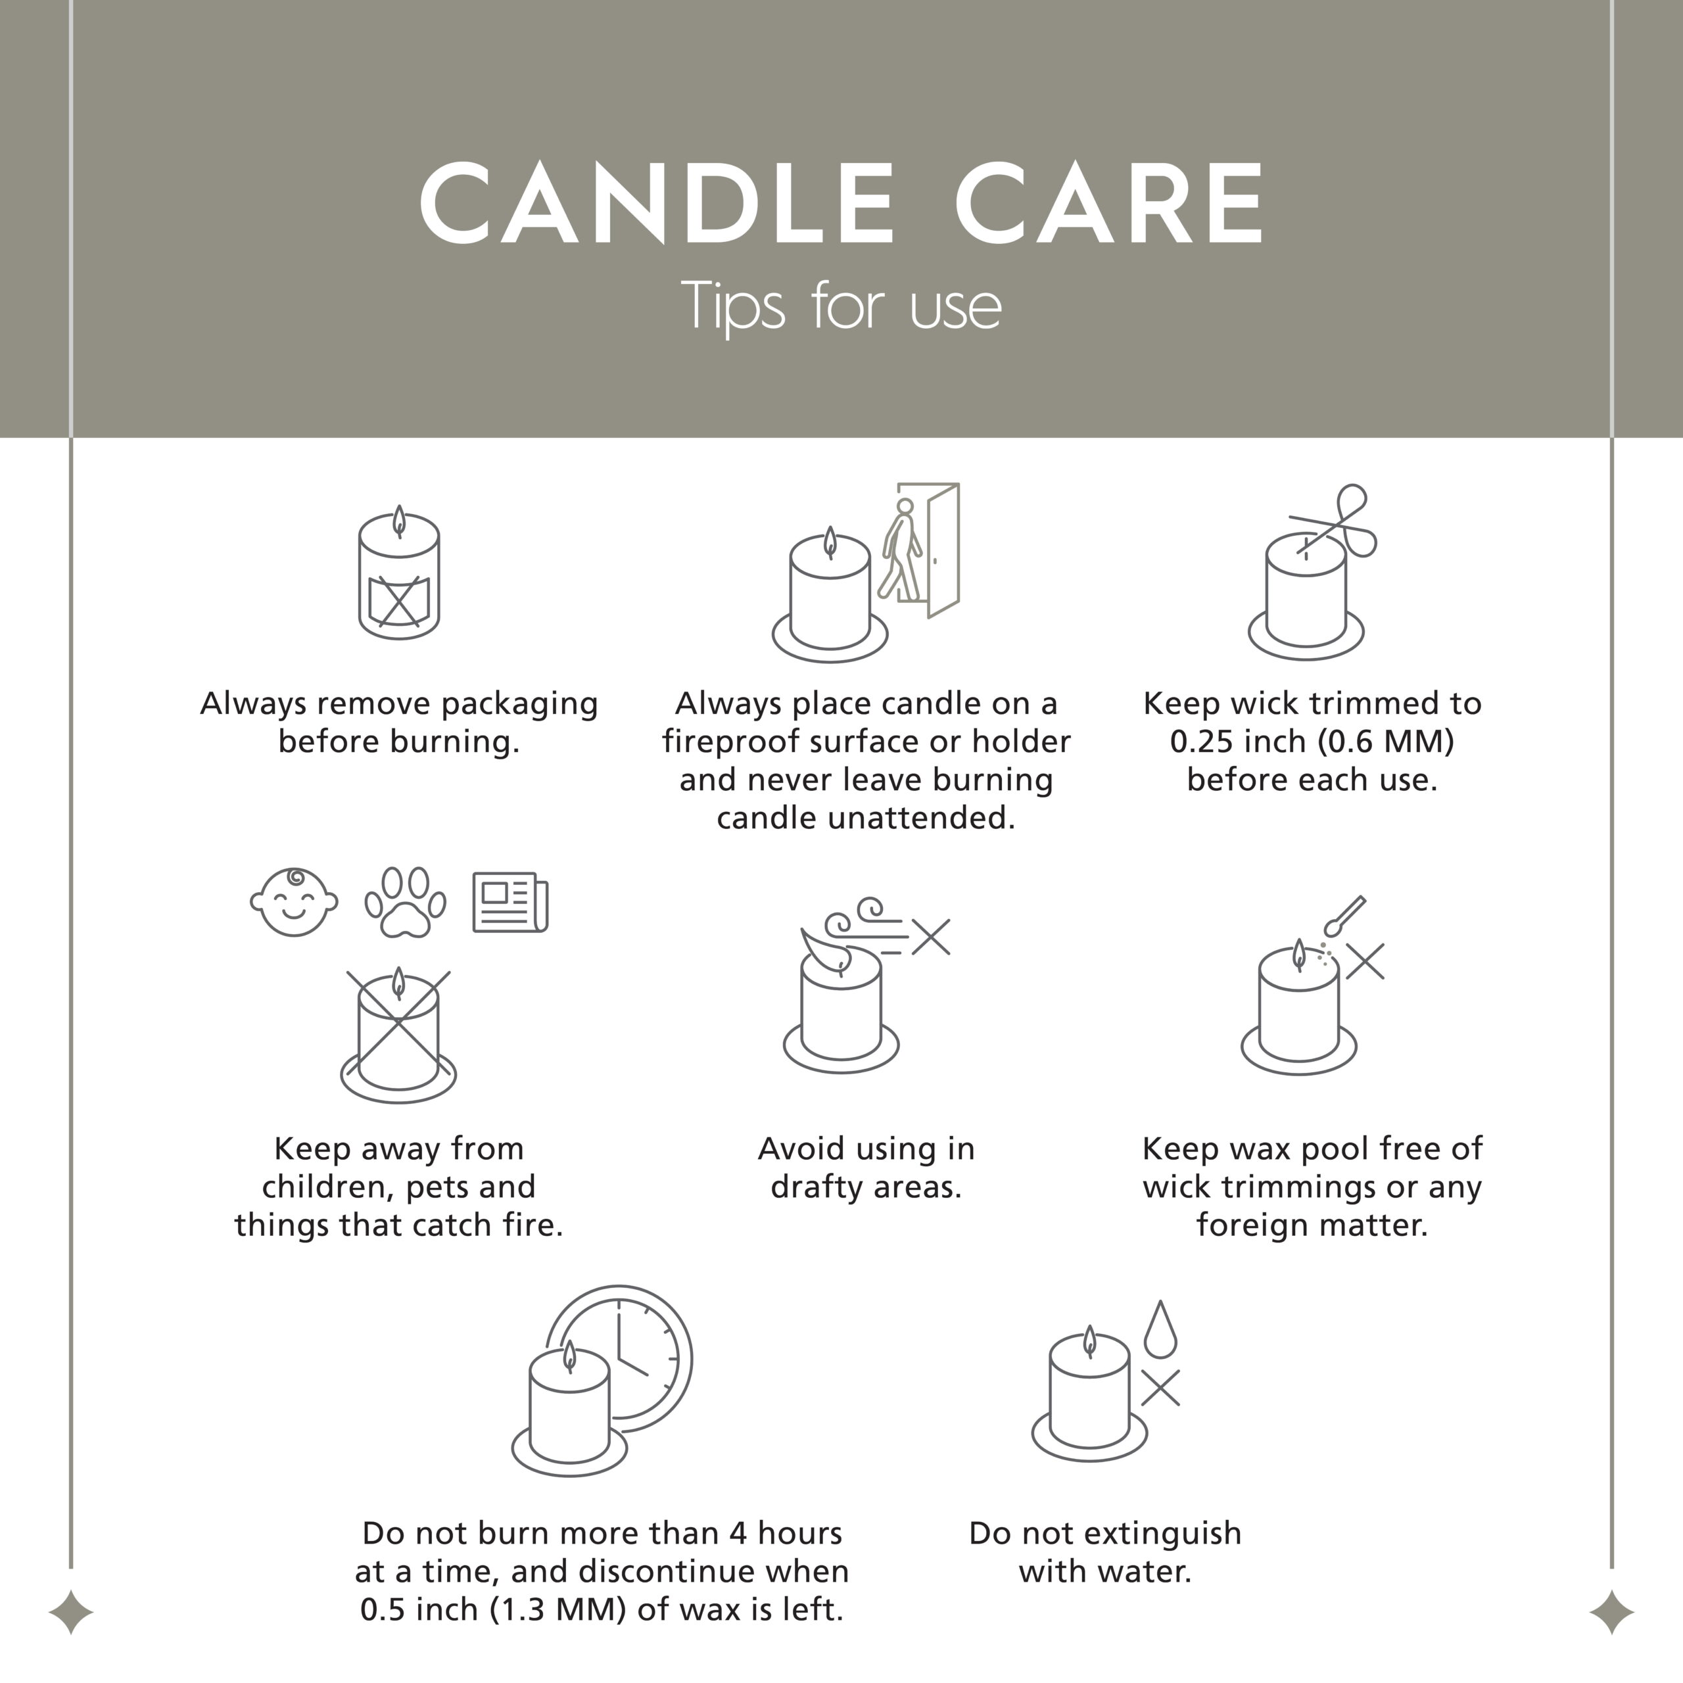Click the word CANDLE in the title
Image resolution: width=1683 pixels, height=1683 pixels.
click(x=657, y=204)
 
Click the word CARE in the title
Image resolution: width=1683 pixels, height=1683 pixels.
click(x=1110, y=204)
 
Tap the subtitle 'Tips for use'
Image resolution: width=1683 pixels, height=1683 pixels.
click(x=841, y=306)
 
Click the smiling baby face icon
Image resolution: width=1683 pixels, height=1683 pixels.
click(x=294, y=903)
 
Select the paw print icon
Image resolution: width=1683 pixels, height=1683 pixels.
click(x=405, y=903)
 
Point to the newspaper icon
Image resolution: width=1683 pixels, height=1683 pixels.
click(x=510, y=903)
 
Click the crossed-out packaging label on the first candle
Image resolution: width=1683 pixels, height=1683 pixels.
click(x=399, y=601)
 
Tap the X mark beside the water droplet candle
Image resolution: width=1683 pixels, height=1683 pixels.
click(x=1160, y=1388)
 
